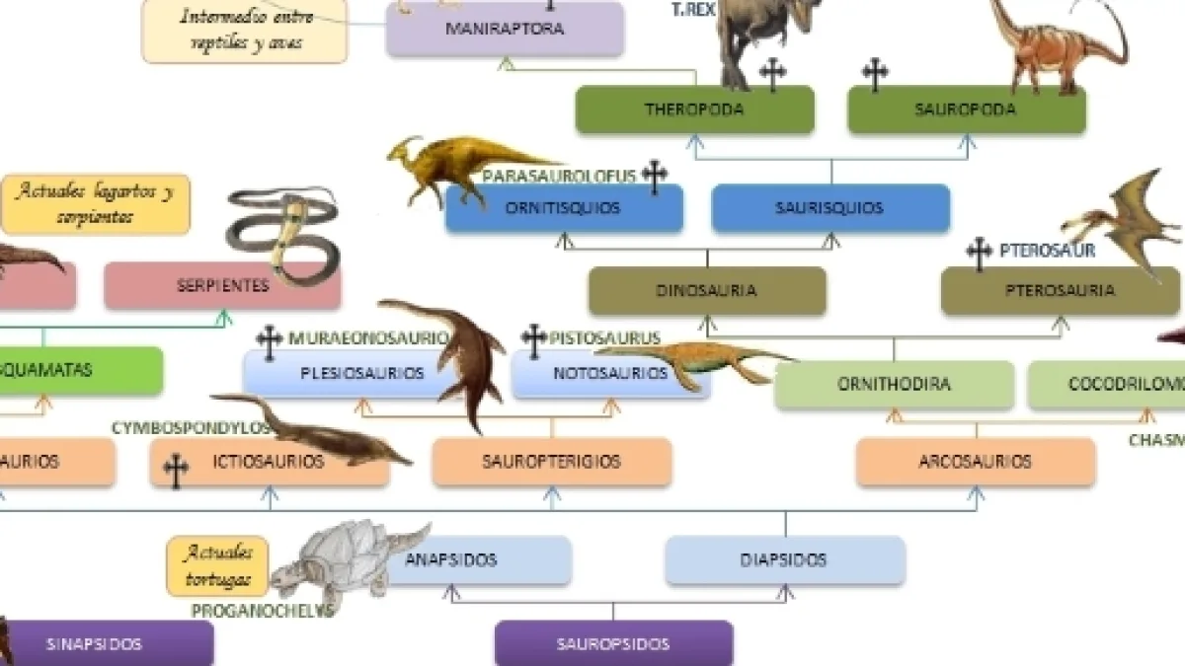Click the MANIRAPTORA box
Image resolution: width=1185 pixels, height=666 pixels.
tap(505, 29)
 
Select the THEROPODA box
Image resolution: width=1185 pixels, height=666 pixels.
tap(694, 110)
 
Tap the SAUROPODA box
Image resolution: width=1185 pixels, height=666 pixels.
tap(966, 110)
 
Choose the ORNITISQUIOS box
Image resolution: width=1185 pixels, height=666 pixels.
tap(563, 208)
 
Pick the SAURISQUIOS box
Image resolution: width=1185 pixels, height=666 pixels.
tap(830, 208)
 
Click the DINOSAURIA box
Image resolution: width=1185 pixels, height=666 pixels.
tap(706, 291)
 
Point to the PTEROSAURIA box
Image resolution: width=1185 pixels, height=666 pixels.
tap(1060, 291)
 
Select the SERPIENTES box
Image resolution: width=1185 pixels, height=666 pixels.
tap(222, 286)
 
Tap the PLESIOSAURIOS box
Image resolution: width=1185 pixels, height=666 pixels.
tap(361, 373)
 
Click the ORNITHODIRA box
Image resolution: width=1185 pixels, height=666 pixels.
tap(894, 385)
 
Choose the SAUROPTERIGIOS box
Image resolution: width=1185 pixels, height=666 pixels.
tap(551, 461)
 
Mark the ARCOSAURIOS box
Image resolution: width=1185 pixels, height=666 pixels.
tap(975, 461)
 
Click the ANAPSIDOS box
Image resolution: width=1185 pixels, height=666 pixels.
tap(464, 559)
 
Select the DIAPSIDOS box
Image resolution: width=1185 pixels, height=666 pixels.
tap(784, 559)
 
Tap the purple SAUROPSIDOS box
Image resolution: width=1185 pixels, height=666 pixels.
tap(612, 644)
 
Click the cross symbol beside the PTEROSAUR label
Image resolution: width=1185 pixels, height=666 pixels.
tap(979, 254)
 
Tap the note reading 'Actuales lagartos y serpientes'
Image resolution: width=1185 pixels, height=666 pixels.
tap(95, 203)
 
